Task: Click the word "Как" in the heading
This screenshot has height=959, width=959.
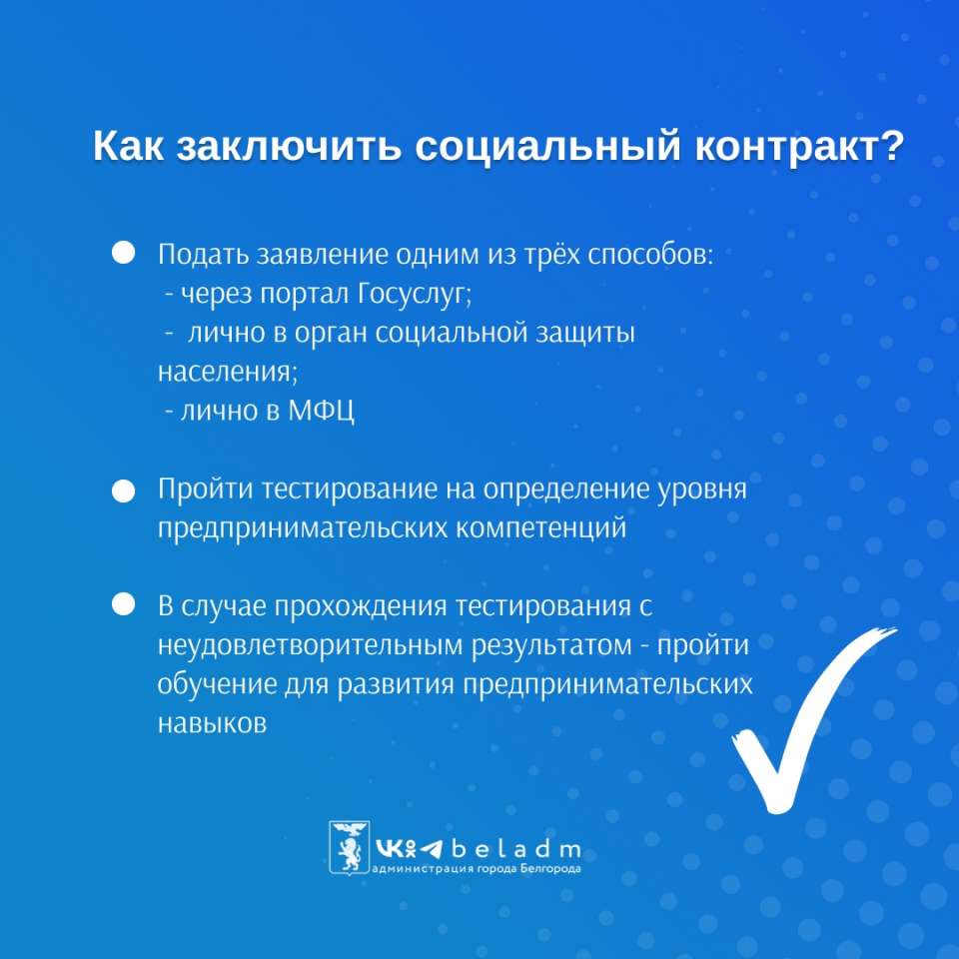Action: coord(129,147)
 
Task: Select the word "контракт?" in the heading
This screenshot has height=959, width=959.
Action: coord(799,147)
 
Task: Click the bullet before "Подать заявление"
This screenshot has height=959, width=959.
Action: coord(124,252)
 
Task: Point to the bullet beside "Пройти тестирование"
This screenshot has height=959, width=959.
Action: coord(124,491)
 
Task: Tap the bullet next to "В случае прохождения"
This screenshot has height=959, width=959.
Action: coord(124,604)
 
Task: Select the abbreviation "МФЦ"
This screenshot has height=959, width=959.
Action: coord(321,411)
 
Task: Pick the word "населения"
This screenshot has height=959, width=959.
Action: coord(227,372)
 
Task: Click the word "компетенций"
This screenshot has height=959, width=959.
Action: coord(541,527)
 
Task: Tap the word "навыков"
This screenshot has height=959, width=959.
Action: coord(212,723)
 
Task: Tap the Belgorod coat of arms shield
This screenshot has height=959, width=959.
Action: coord(350,847)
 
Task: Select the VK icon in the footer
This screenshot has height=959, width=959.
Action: coord(388,848)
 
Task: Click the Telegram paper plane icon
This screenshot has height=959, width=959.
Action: coord(432,849)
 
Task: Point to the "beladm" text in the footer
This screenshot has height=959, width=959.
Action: coord(516,848)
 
